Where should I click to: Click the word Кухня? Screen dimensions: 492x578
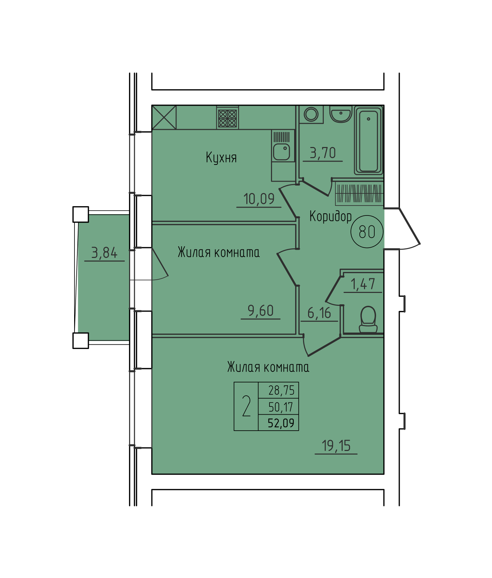point(221,157)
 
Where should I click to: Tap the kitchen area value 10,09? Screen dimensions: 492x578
point(259,199)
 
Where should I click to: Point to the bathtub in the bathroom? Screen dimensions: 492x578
point(369,140)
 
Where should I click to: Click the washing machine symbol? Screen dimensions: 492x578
point(311,114)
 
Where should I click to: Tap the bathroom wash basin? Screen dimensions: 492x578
point(341,114)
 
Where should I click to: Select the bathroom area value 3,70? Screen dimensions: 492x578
point(323,153)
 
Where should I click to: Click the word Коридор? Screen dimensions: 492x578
point(330,216)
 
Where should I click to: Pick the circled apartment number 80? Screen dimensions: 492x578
point(367,232)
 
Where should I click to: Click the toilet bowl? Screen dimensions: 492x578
point(368,320)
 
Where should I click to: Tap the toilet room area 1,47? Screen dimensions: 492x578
point(363,284)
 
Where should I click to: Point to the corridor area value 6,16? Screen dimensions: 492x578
point(319,313)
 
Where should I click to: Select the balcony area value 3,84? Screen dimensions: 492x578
point(104,253)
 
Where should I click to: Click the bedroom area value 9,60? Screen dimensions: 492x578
point(261,311)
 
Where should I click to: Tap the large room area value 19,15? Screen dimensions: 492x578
point(336,446)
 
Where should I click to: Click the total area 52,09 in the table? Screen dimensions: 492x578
point(281,423)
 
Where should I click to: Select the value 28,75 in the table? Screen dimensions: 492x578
point(281,390)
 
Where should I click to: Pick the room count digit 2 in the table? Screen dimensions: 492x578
point(246,406)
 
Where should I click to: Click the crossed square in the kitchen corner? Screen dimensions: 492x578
point(164,117)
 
